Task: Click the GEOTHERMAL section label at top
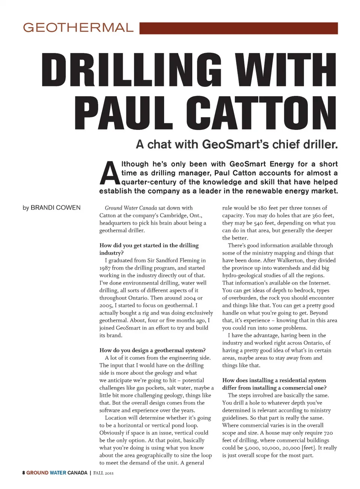78,28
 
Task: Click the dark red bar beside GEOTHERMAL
238,28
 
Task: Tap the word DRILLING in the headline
131,70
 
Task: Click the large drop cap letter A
109,173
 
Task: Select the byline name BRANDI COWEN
55,208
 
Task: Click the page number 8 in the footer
24,473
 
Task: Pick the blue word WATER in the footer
58,473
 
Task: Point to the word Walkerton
291,260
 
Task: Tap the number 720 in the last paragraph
328,433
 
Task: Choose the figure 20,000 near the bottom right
289,448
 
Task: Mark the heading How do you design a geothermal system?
152,350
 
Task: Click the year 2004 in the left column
190,298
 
